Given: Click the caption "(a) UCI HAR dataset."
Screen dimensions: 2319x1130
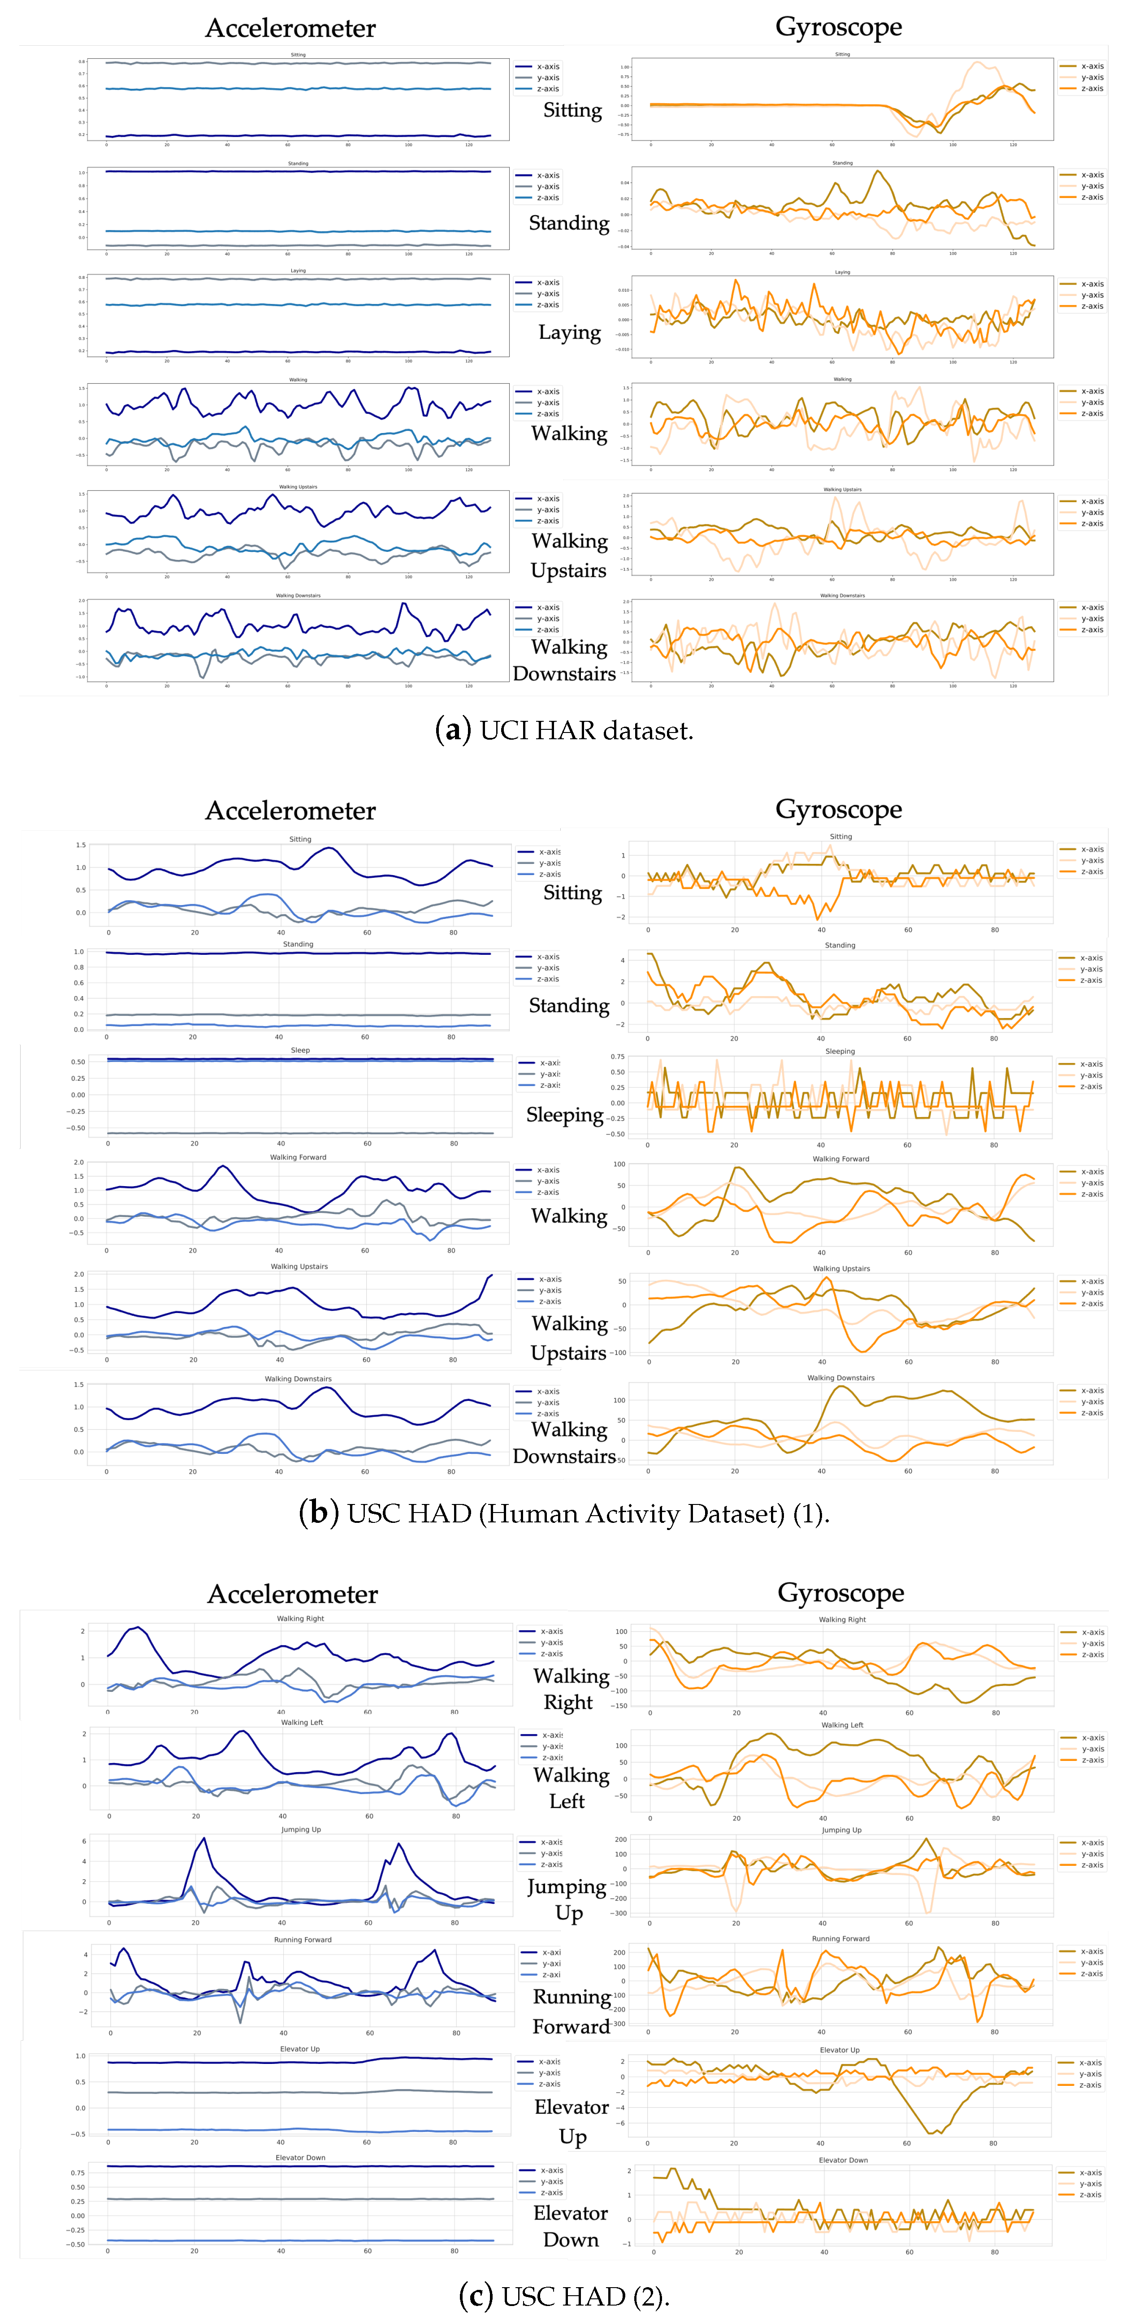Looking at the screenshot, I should pyautogui.click(x=564, y=730).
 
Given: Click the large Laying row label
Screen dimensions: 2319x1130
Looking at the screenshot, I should pyautogui.click(x=569, y=332).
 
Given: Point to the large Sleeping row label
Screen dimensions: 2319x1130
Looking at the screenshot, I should pyautogui.click(x=564, y=1114).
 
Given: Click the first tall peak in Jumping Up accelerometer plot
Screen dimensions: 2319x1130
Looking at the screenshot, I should pyautogui.click(x=204, y=1838).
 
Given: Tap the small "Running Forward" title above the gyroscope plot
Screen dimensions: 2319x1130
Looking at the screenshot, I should pyautogui.click(x=840, y=1938).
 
